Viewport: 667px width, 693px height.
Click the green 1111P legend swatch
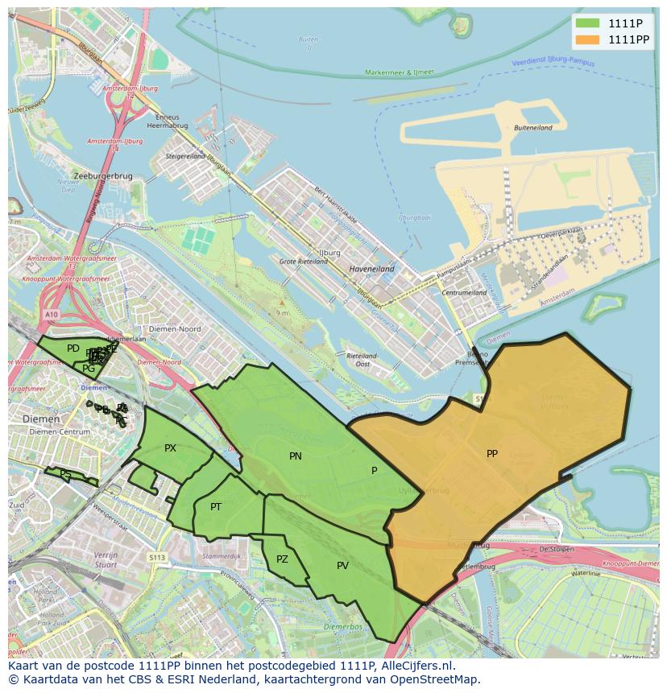tap(589, 23)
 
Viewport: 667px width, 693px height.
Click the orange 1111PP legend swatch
tap(589, 39)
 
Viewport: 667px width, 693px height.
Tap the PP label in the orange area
tap(492, 454)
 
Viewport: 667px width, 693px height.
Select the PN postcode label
tap(296, 456)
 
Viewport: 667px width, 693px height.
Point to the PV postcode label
tap(342, 566)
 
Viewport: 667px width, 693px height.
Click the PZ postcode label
tap(282, 559)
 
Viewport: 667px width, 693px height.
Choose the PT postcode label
tap(216, 507)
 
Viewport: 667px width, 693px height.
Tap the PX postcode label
tap(170, 448)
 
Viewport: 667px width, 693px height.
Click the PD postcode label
tap(73, 349)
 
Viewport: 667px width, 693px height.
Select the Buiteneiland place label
tap(533, 128)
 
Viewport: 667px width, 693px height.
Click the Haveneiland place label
tap(371, 269)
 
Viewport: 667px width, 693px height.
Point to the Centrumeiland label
tap(465, 293)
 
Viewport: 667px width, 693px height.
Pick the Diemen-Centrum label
tap(60, 432)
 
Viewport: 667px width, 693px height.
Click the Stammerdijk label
tap(222, 556)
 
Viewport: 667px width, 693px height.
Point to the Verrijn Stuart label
tap(106, 560)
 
